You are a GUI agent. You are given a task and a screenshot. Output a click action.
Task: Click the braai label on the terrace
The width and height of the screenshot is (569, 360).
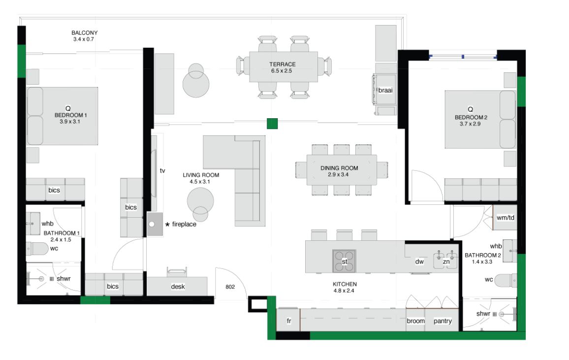coord(385,90)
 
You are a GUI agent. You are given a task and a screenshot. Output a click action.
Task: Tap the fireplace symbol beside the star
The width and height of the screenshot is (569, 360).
coord(155,224)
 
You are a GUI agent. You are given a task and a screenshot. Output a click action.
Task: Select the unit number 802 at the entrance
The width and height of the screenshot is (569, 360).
coord(230,287)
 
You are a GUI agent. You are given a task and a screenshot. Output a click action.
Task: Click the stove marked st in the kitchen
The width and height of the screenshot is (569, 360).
coord(344,261)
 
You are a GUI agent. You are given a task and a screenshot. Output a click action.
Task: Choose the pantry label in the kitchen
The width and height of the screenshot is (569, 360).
coord(443,321)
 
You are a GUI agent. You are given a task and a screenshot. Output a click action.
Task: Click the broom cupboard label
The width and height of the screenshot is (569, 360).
coord(415,321)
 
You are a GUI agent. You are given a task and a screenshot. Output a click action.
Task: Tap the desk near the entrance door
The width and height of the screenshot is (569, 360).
coord(177,286)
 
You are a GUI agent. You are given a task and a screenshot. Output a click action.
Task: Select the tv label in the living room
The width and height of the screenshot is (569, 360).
coord(162,170)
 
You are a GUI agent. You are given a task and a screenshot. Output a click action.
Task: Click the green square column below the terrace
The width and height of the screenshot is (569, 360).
coord(272,124)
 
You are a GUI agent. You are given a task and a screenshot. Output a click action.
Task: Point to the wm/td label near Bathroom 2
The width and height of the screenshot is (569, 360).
coord(505,218)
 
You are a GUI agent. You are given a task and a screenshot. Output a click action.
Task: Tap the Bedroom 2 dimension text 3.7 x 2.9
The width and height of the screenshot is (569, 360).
coord(470,124)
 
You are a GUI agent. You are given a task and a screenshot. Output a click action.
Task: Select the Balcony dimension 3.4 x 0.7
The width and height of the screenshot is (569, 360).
coord(84,39)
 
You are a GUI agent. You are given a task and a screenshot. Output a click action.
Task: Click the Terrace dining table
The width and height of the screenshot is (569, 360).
coord(284,67)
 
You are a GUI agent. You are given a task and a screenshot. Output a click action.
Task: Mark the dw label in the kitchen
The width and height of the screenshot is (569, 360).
coord(419,262)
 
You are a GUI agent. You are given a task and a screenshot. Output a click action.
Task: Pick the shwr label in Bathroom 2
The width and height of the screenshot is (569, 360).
coord(483,314)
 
